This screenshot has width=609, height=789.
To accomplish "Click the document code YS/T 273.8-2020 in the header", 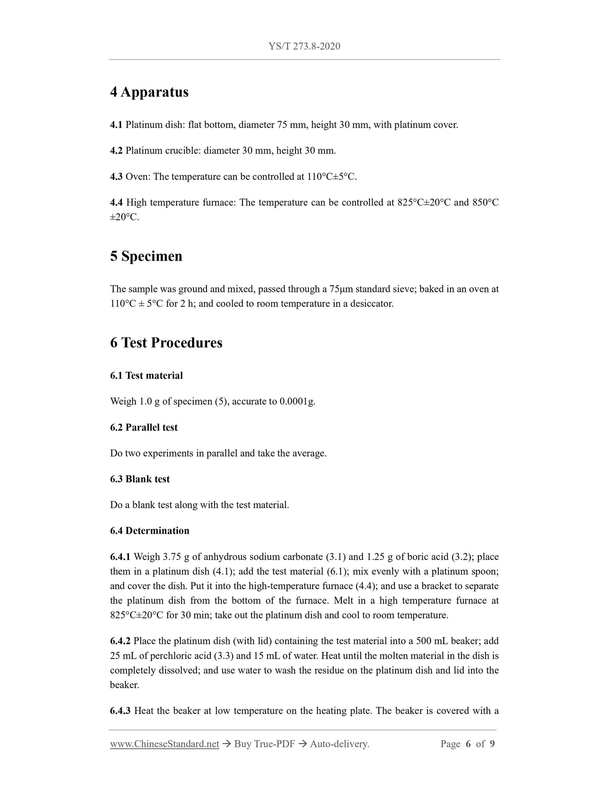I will coord(304,46).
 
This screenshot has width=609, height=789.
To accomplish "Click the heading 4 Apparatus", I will coord(149,92).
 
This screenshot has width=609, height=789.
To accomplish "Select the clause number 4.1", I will coord(116,125).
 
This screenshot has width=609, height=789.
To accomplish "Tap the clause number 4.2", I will coord(116,151).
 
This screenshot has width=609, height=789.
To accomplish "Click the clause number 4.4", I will coord(116,203).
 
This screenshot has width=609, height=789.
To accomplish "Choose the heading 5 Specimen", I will coord(146,256).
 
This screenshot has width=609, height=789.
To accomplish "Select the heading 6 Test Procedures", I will coord(166,343).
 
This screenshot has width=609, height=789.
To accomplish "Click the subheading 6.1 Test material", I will coord(146,376).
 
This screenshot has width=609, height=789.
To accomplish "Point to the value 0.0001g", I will coord(297,401).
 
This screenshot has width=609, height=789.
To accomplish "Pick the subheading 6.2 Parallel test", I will coord(144,427).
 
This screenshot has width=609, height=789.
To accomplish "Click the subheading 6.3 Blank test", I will coord(140,479).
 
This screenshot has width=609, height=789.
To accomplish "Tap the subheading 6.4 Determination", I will coord(150,531).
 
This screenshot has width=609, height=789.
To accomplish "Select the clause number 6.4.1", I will coord(120,557).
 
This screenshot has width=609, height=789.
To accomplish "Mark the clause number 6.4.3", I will coord(120,711).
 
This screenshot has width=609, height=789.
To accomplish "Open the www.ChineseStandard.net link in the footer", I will coord(164,744).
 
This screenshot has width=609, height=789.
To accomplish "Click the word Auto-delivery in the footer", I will coord(339,744).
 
